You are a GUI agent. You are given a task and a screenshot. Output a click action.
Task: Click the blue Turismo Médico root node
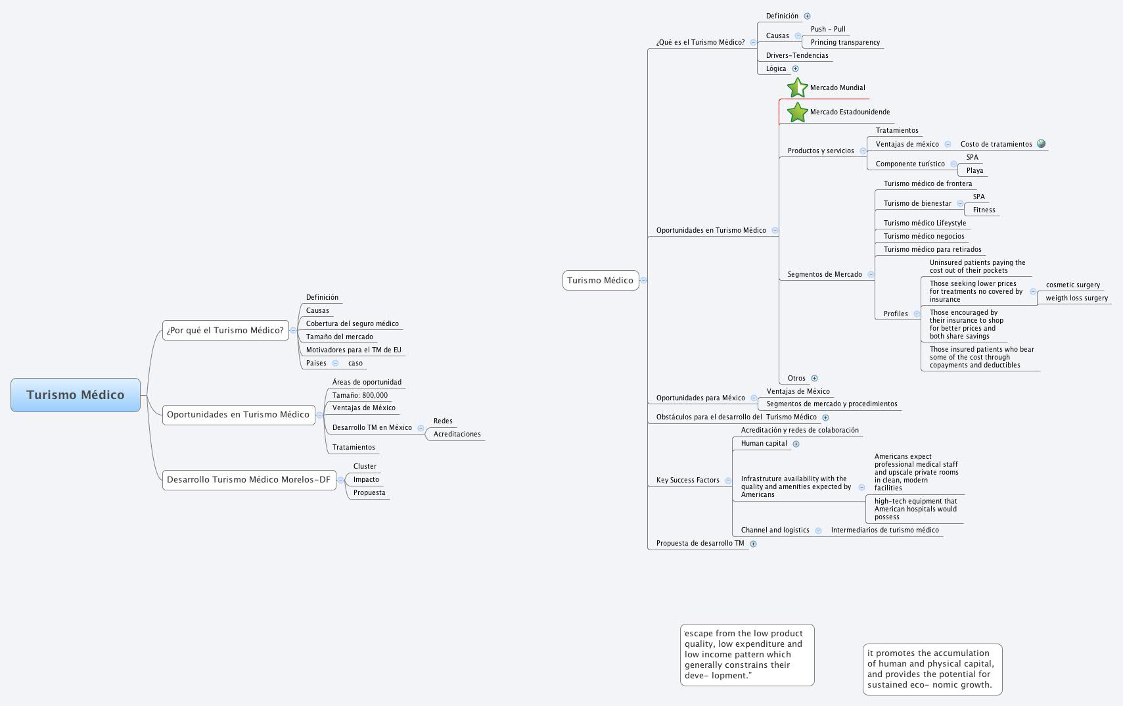[x=76, y=395]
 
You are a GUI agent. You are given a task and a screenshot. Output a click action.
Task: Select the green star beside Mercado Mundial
[x=797, y=87]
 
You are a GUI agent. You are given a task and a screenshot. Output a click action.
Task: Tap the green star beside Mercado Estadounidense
[x=797, y=112]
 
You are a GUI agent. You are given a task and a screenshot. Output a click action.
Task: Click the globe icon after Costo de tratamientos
[x=1041, y=144]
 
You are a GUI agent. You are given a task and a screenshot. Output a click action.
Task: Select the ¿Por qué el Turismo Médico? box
[x=225, y=331]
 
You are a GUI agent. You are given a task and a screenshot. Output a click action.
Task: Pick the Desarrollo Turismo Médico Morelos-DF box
[x=248, y=480]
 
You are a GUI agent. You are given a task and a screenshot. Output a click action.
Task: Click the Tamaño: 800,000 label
[x=360, y=395]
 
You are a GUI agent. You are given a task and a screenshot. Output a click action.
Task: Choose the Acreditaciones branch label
[x=457, y=434]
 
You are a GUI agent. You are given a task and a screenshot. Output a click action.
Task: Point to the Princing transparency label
[x=845, y=42]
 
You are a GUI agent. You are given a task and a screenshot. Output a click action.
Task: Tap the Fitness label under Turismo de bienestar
[x=984, y=210]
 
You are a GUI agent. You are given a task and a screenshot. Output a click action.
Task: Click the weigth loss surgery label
[x=1076, y=298]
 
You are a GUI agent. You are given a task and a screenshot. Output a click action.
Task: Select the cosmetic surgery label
[x=1072, y=285]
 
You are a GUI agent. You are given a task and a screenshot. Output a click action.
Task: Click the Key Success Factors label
[x=687, y=480]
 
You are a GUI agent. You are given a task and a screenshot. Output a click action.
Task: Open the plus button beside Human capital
[x=796, y=444]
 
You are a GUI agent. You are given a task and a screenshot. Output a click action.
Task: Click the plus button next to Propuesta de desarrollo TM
[x=753, y=544]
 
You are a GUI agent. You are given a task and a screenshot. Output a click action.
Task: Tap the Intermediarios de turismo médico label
[x=884, y=530]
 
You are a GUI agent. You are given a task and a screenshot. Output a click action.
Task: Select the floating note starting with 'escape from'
[x=747, y=655]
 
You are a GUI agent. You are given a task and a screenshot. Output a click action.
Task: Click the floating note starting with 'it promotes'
[x=932, y=669]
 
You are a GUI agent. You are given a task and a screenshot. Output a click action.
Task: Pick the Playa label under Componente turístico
[x=974, y=170]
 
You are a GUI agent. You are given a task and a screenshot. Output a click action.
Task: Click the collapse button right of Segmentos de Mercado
[x=871, y=275]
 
